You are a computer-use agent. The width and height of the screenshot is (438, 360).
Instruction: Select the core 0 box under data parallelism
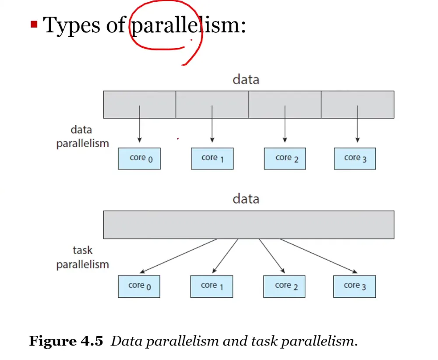tap(139, 159)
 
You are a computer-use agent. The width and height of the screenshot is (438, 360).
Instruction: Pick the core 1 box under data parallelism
tap(212, 159)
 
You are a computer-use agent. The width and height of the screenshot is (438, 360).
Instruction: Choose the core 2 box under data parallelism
tap(285, 159)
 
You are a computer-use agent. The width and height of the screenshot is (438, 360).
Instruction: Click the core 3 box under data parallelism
tap(355, 159)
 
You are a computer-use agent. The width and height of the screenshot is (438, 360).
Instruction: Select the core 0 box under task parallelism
tap(139, 286)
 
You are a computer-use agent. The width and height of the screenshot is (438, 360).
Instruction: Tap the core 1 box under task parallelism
tap(212, 286)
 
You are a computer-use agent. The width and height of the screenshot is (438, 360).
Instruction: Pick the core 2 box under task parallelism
tap(284, 286)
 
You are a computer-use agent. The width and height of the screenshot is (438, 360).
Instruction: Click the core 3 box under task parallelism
tap(354, 286)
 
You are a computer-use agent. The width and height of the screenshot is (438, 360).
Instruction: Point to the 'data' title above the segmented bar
tap(246, 80)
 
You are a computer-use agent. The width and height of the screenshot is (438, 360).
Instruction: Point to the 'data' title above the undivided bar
tap(246, 199)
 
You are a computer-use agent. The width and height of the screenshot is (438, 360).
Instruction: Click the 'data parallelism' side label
tap(82, 137)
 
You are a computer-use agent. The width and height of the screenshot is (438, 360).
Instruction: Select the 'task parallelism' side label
tap(82, 258)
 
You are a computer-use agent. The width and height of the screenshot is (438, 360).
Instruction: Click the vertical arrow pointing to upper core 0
tap(139, 124)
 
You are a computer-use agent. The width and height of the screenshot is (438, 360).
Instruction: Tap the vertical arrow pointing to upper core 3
tap(357, 124)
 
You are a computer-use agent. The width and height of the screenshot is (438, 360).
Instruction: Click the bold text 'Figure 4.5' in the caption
tap(66, 341)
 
